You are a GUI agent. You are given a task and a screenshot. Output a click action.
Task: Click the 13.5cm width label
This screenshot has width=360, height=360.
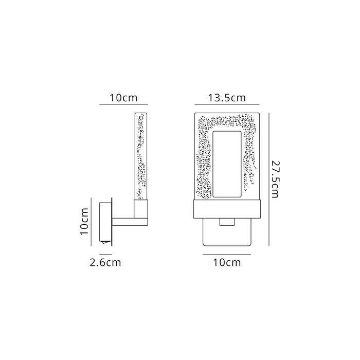[x=227, y=97]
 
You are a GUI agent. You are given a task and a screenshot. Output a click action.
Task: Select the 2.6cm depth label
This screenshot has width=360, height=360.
[x=105, y=262]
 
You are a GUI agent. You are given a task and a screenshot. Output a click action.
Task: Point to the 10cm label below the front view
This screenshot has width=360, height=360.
[x=227, y=262]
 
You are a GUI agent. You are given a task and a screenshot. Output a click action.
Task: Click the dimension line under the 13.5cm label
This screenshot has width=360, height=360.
[x=227, y=105]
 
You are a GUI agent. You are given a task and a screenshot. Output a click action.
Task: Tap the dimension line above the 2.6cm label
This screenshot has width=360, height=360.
[x=105, y=254]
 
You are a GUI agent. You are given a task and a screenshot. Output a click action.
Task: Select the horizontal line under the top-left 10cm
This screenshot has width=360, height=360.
[x=123, y=105]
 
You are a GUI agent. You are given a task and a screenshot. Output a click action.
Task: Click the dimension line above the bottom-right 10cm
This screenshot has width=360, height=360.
[x=227, y=254]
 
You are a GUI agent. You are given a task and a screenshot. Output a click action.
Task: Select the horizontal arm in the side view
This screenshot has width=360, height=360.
[x=123, y=222]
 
